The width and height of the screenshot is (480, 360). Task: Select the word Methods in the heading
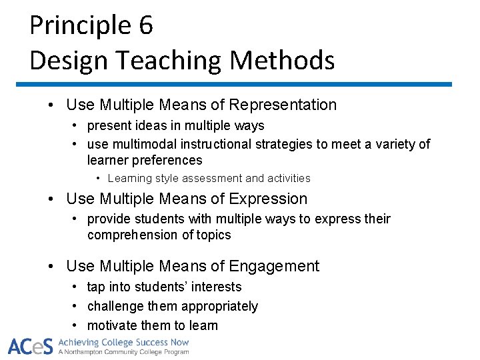point(282,61)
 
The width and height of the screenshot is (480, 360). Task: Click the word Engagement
point(274,266)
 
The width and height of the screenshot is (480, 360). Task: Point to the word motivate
point(112,325)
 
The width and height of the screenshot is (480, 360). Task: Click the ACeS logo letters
point(30,346)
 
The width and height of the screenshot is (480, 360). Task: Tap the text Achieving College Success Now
point(124,342)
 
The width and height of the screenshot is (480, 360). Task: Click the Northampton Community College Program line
point(124,352)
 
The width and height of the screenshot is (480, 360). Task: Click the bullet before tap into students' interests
point(77,287)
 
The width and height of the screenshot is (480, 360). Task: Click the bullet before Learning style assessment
point(98,178)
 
